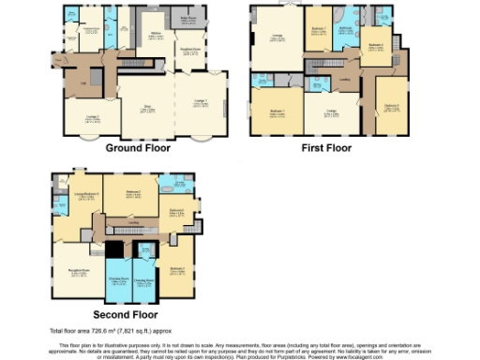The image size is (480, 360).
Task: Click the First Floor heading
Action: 325,148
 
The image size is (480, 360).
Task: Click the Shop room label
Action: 146,108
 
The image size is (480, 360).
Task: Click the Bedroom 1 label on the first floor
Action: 277,111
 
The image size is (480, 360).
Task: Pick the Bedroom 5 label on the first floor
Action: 392,106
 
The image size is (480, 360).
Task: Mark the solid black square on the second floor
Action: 113,250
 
